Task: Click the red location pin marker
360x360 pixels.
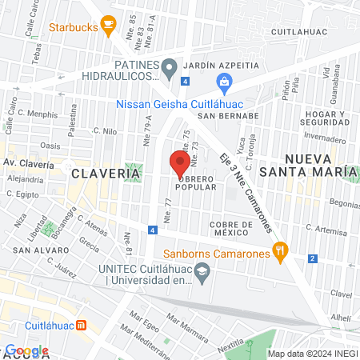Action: (x=177, y=162)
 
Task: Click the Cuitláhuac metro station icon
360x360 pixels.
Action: (x=82, y=326)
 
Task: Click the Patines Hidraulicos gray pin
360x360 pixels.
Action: (x=169, y=70)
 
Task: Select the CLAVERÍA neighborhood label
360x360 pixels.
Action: (x=94, y=173)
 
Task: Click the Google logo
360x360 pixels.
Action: (x=26, y=350)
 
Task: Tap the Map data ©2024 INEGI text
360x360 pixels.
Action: (x=312, y=354)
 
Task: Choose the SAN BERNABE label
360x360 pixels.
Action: (x=229, y=114)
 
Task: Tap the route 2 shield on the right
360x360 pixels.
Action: (x=312, y=258)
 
